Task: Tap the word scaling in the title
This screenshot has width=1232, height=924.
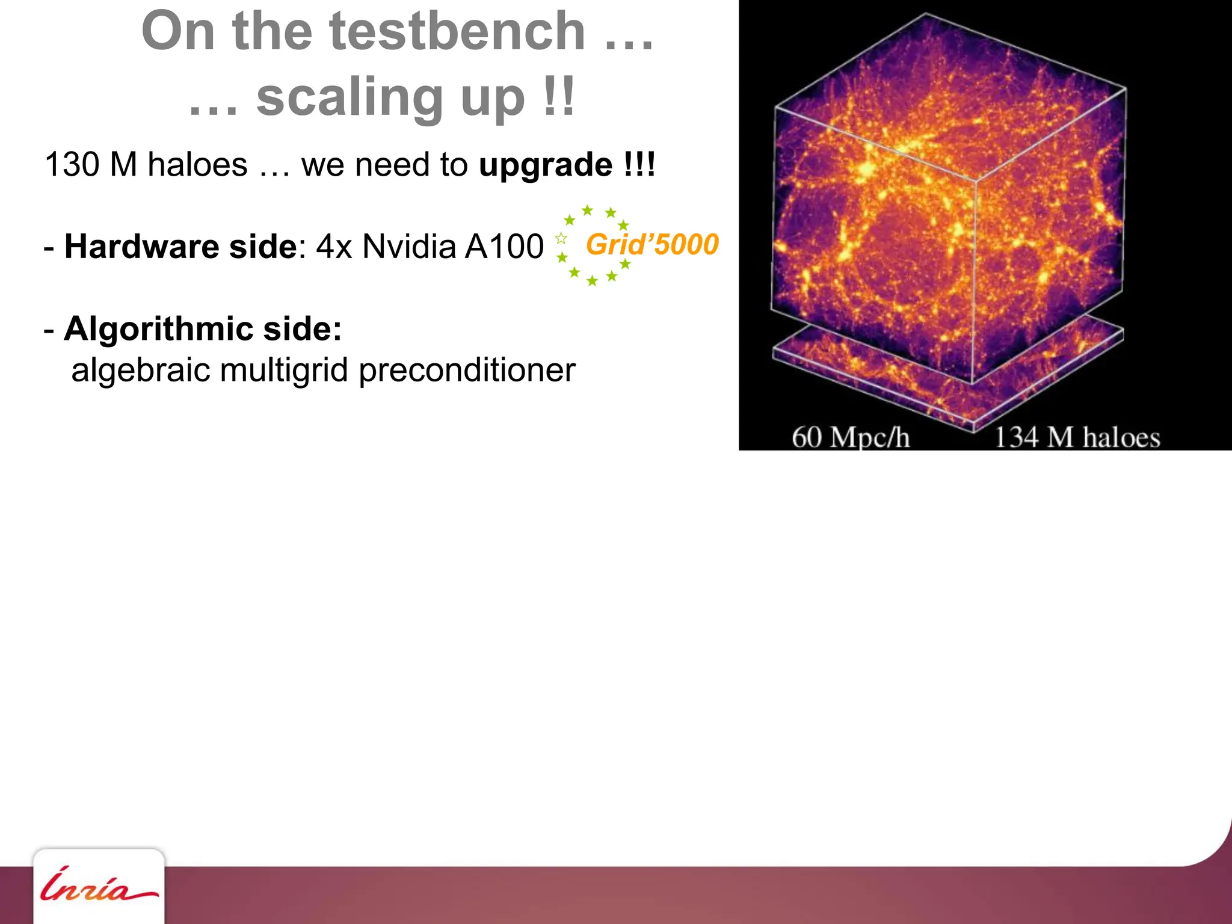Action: (349, 98)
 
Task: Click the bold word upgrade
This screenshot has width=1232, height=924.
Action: (545, 165)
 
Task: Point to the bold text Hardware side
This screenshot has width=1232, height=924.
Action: (180, 247)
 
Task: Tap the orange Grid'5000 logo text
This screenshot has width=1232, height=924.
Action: (652, 245)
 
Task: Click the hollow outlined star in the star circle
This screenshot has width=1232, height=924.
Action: (561, 238)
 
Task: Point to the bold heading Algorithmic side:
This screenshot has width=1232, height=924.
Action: (203, 329)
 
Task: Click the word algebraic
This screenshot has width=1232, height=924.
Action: (140, 370)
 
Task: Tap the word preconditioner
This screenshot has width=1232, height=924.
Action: (467, 370)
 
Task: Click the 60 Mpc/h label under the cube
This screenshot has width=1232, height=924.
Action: (851, 437)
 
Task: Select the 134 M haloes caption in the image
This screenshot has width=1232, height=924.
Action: (1077, 437)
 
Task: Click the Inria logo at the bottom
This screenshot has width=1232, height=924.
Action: (98, 887)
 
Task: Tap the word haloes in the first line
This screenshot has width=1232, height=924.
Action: (197, 165)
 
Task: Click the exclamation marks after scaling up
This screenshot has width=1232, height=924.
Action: (559, 98)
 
